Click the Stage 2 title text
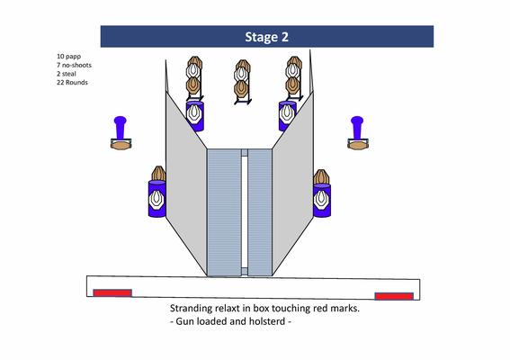266,37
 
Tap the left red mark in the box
112,292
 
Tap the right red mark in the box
394,296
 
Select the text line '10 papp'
68,57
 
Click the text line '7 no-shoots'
74,65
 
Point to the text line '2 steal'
67,74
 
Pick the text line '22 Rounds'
72,83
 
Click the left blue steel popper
120,127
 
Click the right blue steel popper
357,127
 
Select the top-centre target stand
243,82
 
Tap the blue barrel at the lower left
157,198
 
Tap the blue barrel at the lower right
322,200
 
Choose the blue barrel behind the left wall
195,116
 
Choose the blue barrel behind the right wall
288,116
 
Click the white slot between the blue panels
245,212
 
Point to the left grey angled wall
186,183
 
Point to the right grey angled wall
292,183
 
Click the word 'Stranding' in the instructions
191,309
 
